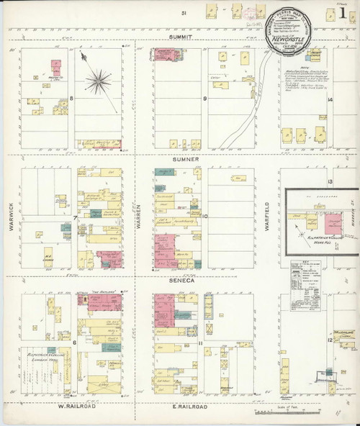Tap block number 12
pos(330,338)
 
